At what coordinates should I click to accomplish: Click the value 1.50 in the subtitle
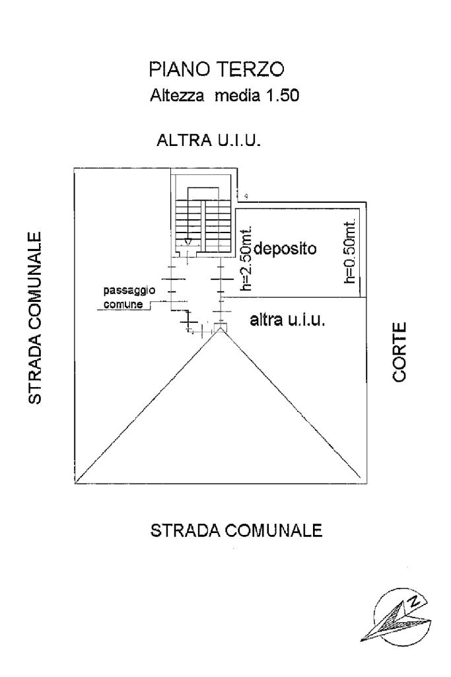(285, 96)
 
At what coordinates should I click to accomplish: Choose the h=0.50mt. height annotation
(351, 252)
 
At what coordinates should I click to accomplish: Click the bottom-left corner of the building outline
(75, 483)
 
